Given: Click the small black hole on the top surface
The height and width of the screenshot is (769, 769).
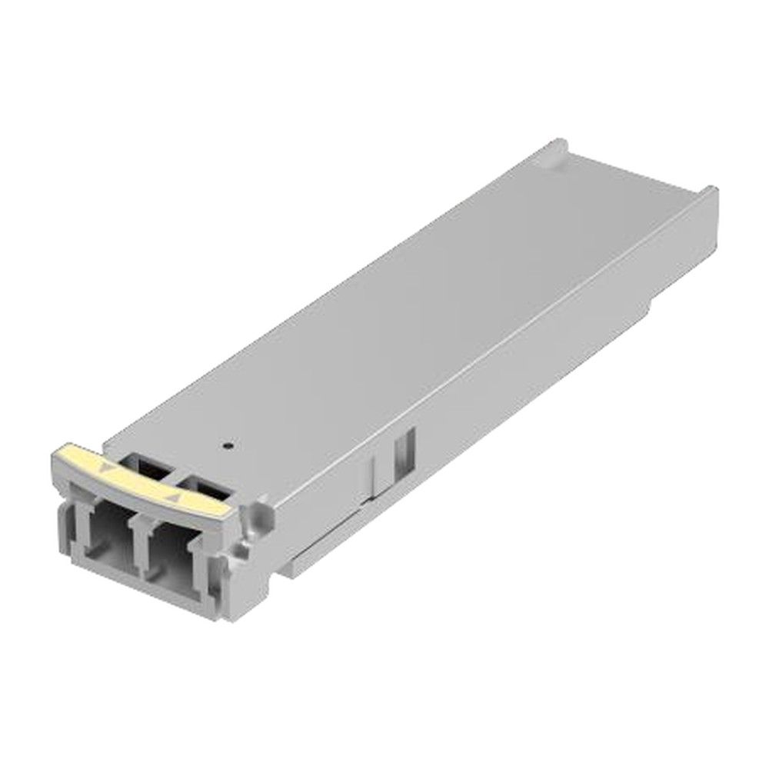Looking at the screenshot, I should pos(225,444).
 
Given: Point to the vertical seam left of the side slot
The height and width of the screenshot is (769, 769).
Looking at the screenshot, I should pos(375,469).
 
